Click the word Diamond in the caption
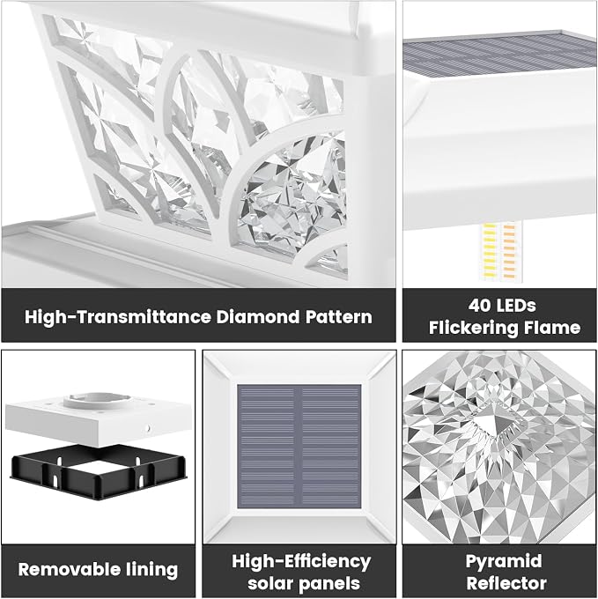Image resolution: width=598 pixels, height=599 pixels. [258, 317]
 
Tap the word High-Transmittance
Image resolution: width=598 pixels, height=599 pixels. [118, 317]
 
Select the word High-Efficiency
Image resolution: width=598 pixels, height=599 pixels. [301, 562]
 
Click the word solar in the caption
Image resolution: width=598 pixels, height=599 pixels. [270, 584]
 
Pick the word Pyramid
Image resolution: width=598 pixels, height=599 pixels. [504, 562]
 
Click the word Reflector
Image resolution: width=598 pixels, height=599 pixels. [506, 584]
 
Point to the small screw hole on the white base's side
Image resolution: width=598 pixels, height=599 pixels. [147, 429]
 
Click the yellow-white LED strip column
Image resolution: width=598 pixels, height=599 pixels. [490, 253]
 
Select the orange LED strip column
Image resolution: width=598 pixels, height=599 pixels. [509, 253]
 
